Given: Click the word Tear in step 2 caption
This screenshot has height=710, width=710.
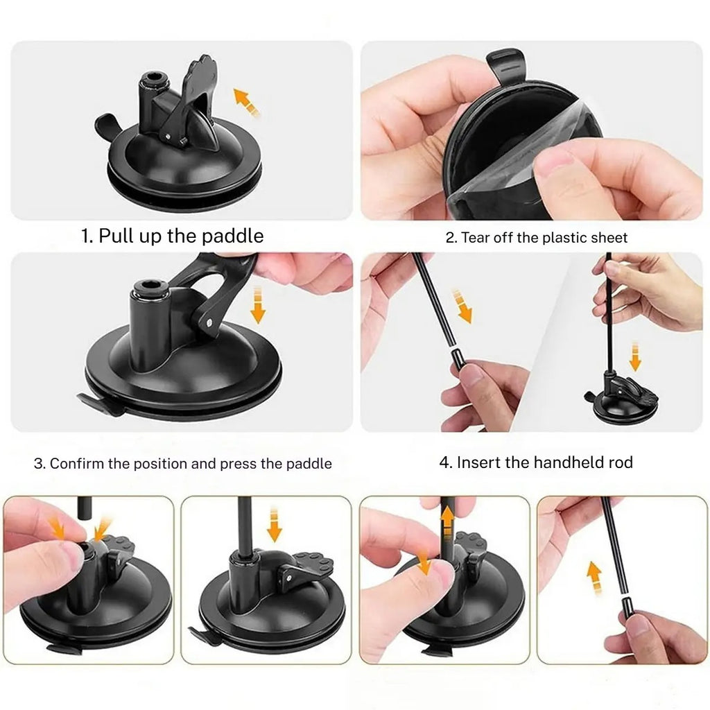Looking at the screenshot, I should pos(476,238).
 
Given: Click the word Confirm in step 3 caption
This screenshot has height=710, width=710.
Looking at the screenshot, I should pos(77,463).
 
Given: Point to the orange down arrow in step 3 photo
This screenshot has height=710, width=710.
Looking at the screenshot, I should pos(258,304).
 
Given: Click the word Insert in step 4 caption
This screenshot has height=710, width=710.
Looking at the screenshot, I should pos(478,462).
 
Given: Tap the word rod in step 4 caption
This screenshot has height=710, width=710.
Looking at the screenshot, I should pos(618,462).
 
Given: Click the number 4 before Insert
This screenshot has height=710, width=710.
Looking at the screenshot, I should pos(445,462).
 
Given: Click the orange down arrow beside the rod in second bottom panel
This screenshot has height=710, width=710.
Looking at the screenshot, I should pos(275,524).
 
